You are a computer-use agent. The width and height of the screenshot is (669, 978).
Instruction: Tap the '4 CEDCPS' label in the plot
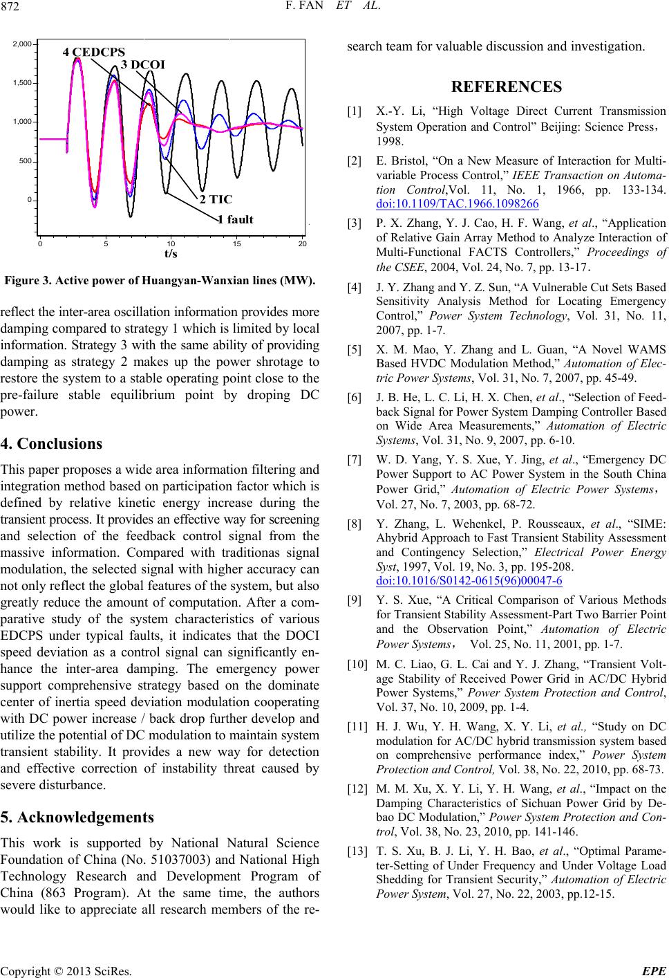point(94,52)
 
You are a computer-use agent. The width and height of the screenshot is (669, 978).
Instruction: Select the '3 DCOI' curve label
point(144,64)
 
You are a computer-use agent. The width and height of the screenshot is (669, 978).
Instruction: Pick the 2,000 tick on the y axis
point(23,44)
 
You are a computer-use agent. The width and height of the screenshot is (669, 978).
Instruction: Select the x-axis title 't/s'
point(171,253)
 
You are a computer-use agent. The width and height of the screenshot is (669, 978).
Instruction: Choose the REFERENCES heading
point(506,87)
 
